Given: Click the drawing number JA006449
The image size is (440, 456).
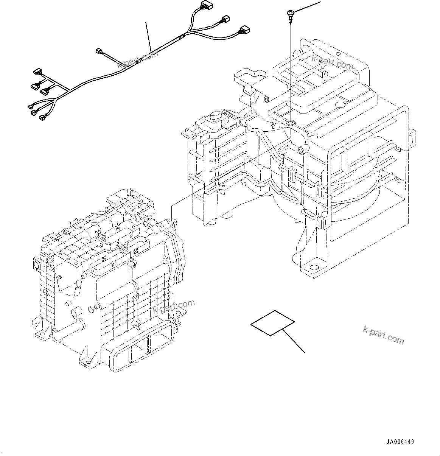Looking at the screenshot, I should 400,442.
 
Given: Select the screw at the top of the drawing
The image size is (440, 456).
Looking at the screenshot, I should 290,15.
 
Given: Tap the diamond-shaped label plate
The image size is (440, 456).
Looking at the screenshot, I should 272,322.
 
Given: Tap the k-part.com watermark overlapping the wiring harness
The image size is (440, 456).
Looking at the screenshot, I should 138,60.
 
